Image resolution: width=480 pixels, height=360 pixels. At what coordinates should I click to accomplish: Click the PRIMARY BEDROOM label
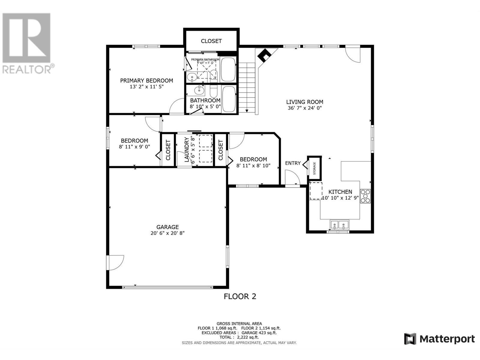(x=146, y=80)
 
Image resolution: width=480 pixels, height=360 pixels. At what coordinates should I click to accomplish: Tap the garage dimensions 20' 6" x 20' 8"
(x=167, y=233)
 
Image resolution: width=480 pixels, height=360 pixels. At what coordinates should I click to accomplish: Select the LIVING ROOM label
(x=304, y=102)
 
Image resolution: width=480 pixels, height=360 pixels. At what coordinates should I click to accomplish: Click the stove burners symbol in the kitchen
(x=365, y=196)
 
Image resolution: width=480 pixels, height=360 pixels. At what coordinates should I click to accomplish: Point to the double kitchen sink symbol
(x=339, y=224)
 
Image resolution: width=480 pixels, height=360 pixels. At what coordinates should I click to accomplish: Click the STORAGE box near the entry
(x=314, y=168)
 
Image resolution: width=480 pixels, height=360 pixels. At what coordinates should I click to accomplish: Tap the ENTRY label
(x=292, y=163)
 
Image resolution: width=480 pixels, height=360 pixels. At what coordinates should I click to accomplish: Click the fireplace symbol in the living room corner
(x=265, y=56)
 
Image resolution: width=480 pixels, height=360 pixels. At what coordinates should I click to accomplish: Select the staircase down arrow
(x=247, y=111)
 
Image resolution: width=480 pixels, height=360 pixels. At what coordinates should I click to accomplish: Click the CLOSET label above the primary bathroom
(x=211, y=41)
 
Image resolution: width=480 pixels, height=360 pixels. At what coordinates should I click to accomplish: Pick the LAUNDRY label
(x=187, y=149)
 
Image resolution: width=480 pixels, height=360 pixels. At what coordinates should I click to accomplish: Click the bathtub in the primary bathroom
(x=228, y=70)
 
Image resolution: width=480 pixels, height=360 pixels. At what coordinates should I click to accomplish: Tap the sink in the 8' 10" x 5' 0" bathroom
(x=199, y=90)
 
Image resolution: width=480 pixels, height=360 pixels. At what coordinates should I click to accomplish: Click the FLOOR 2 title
(x=240, y=296)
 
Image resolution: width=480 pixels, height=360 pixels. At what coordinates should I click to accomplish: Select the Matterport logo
(x=439, y=339)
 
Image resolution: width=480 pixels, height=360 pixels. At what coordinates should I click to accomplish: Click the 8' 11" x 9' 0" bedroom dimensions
(x=134, y=147)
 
